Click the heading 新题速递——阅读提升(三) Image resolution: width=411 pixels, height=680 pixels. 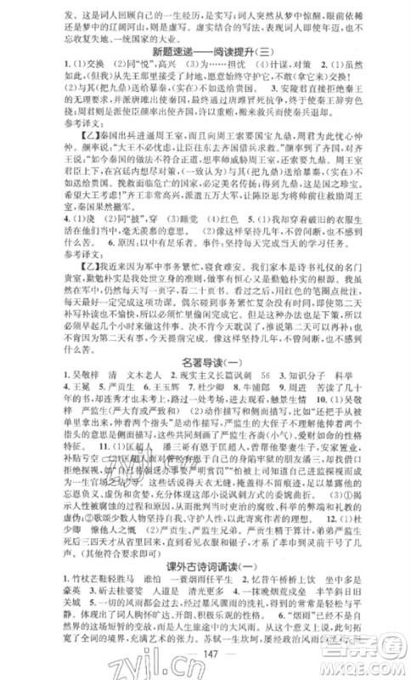click(x=205, y=49)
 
